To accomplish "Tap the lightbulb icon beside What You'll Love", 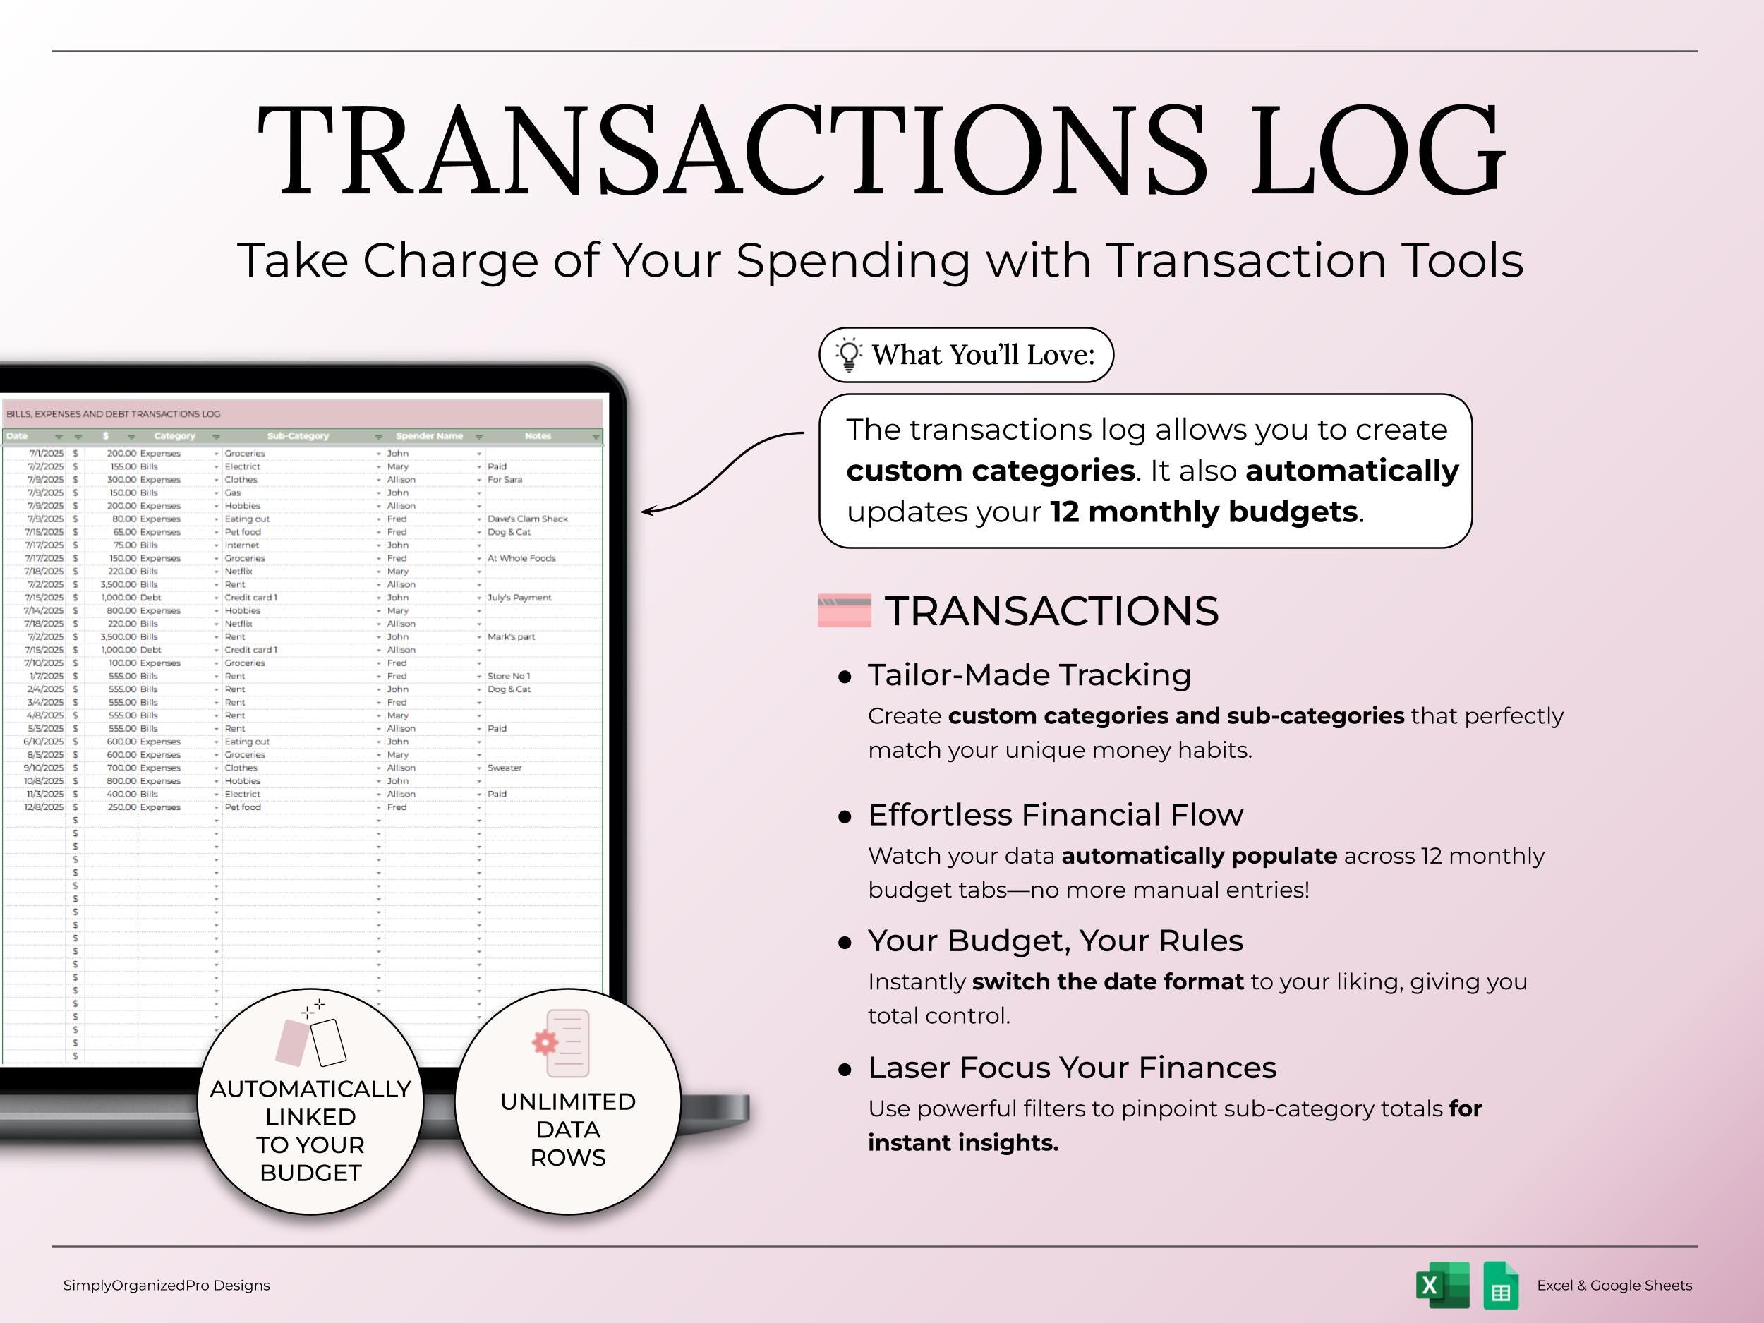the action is pyautogui.click(x=849, y=355).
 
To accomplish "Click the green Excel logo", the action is pyautogui.click(x=1443, y=1285).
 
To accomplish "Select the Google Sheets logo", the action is pyautogui.click(x=1501, y=1285).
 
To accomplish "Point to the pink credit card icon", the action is pyautogui.click(x=845, y=611).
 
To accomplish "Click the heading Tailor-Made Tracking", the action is pyautogui.click(x=1029, y=675).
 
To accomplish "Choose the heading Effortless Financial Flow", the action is pyautogui.click(x=1055, y=814).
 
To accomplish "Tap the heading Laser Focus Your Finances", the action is pyautogui.click(x=1072, y=1067).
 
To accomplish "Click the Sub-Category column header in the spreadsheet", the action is pyautogui.click(x=298, y=436).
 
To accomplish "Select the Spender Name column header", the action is pyautogui.click(x=429, y=436).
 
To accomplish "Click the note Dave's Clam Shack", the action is pyautogui.click(x=527, y=519).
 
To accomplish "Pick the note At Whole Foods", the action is pyautogui.click(x=521, y=558).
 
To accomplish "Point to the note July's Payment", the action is pyautogui.click(x=519, y=598).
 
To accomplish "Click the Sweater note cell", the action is pyautogui.click(x=505, y=768).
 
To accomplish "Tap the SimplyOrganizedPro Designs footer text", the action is pyautogui.click(x=167, y=1286).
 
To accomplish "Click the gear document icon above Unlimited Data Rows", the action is pyautogui.click(x=562, y=1043).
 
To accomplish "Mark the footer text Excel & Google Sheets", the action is pyautogui.click(x=1614, y=1286).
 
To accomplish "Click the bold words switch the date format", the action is pyautogui.click(x=1108, y=981).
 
